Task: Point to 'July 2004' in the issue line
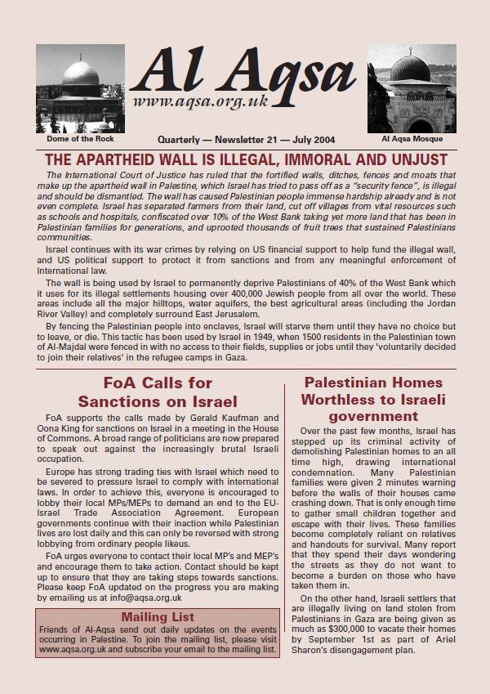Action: (x=311, y=140)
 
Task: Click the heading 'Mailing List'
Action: (x=155, y=616)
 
